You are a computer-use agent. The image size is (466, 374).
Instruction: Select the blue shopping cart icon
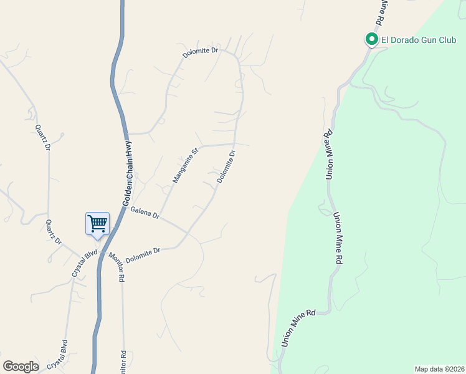coord(97,223)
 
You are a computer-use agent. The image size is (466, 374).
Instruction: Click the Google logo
coord(21,367)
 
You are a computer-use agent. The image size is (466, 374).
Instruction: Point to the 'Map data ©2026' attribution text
coord(439,369)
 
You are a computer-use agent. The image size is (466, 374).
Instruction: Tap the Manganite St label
coord(185,166)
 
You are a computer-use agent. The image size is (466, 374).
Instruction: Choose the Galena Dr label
coord(146,213)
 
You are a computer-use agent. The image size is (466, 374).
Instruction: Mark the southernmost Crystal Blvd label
coord(64,353)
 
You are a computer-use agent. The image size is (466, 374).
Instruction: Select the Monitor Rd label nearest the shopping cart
coord(117,267)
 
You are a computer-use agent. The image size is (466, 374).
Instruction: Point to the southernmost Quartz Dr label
coord(54,232)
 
